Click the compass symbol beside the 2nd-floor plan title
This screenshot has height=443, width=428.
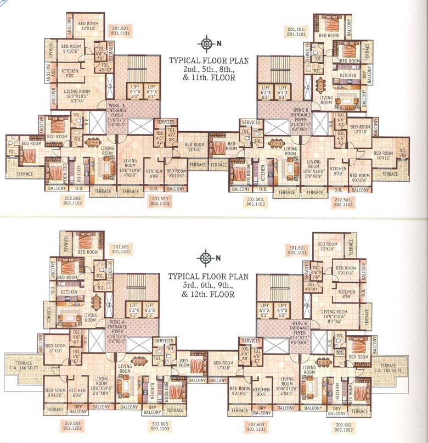coord(206,44)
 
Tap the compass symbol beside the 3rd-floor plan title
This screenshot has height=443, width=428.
coord(206,257)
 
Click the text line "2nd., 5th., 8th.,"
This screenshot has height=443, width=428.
coord(201,70)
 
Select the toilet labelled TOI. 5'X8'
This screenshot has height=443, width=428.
coord(403,152)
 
